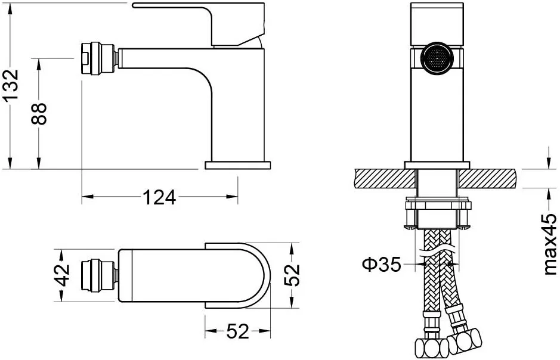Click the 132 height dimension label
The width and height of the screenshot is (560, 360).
pos(11,85)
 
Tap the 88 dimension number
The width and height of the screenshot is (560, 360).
pos(39,113)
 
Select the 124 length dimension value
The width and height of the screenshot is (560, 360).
pos(160,197)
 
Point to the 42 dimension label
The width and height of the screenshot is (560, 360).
pos(64,275)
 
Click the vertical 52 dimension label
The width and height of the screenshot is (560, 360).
pos(292,275)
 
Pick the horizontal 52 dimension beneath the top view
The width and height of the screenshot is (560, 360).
pos(237,331)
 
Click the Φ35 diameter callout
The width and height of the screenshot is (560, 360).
pos(382,265)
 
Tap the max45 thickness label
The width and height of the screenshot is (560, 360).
pos(550,244)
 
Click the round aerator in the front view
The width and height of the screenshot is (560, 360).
pos(437,59)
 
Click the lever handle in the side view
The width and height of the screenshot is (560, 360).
pos(199,24)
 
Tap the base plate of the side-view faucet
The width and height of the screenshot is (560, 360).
pos(237,165)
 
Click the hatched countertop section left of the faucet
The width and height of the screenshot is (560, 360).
pos(386,178)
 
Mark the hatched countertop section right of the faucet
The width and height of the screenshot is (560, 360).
pos(488,178)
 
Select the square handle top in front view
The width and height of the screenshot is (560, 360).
pos(437,24)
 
